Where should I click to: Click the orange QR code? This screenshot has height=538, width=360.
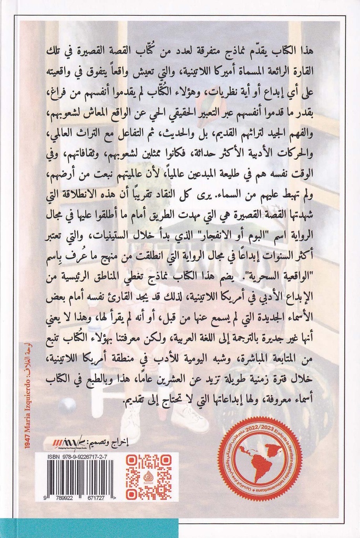click(x=149, y=477)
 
